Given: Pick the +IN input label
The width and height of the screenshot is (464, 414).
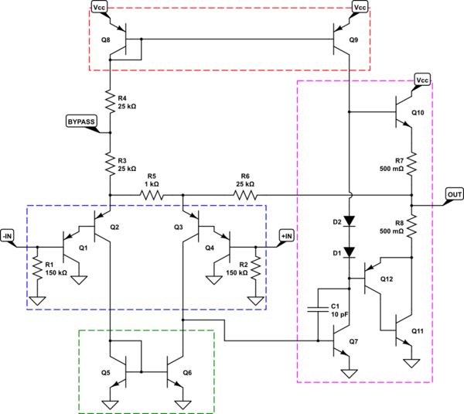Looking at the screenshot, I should [286, 234].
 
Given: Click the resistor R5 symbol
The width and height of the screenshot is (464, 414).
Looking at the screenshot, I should [152, 195].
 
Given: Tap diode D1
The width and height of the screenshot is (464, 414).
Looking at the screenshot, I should [349, 251].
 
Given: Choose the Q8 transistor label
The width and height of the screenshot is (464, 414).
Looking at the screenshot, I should [105, 39].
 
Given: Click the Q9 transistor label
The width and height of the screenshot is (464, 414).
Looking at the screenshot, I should [354, 39].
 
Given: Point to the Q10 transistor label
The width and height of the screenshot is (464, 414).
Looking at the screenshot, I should [418, 113].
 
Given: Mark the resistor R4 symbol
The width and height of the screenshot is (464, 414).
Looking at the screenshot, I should [111, 101].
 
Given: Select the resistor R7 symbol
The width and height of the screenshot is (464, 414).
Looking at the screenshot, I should [411, 163].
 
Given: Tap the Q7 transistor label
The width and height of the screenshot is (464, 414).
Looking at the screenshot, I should [353, 341].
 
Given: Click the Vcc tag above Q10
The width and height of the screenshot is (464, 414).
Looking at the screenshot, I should [422, 80].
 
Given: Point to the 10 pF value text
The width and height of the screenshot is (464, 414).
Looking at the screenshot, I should [339, 315].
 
